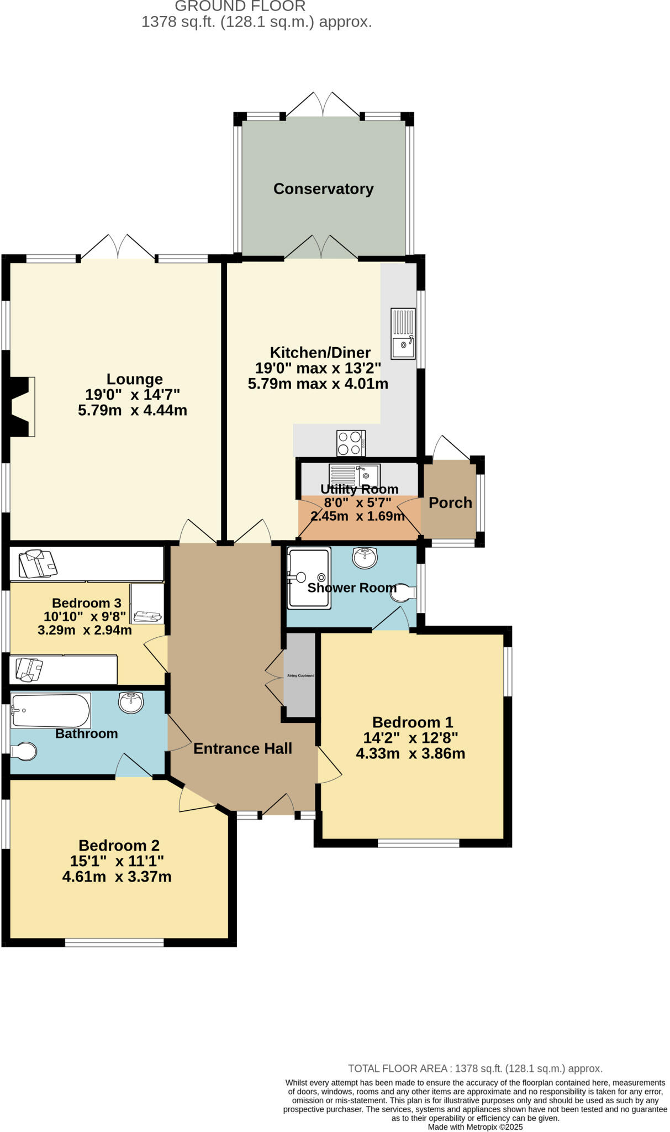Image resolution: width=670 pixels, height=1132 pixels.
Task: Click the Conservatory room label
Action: pos(323,189)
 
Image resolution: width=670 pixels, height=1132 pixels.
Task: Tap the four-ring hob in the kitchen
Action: pos(351,443)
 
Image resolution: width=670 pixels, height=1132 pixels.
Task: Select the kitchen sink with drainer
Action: pos(403,333)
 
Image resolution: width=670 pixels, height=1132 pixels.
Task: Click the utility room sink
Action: pos(354,474)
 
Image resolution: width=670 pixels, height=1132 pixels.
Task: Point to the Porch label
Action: pos(450,502)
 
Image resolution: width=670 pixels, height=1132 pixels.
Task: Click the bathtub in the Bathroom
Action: pos(50,711)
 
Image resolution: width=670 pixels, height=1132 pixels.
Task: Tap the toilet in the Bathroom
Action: pos(24,751)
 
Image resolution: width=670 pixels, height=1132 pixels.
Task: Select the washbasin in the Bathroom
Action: pos(131,703)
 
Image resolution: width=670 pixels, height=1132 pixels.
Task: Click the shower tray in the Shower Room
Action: pos(309,578)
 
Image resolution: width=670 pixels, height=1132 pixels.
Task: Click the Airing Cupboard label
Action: pos(300,675)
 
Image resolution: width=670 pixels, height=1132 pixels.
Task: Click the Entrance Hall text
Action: pos(242,748)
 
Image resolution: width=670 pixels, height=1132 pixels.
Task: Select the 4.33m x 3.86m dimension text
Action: pos(410,753)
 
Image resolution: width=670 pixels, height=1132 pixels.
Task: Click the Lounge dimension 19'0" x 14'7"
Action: pos(133,395)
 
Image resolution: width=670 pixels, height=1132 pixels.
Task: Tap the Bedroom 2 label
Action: pos(119,845)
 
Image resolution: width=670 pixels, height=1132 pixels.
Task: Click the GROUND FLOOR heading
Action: pos(240,7)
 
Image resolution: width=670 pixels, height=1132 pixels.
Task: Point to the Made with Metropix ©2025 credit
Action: pos(475,1127)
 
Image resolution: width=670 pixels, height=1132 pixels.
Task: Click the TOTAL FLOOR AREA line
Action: pos(475,1068)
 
